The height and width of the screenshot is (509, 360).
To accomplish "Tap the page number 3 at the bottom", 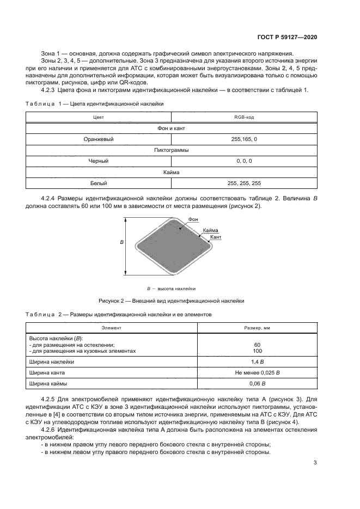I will (315, 463).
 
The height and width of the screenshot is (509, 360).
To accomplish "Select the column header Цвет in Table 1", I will (99, 117).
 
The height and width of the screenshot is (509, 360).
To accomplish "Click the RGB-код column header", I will (245, 117).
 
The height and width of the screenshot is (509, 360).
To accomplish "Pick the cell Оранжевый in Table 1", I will (99, 139).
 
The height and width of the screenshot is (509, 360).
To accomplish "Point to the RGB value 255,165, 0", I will (245, 139).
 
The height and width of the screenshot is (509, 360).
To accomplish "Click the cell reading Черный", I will (99, 161).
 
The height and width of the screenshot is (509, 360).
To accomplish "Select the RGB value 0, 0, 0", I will (245, 161).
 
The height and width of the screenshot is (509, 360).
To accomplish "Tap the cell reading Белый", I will (99, 183).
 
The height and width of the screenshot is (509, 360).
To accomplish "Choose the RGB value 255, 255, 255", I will (245, 183).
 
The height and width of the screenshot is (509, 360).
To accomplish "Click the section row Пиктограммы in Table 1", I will (172, 150).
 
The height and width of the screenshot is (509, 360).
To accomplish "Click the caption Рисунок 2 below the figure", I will (171, 301).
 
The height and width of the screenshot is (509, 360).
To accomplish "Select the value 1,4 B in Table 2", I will (257, 361).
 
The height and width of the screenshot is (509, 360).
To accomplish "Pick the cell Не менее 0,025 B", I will (257, 372).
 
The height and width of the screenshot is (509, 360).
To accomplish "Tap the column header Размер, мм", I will (257, 328).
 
